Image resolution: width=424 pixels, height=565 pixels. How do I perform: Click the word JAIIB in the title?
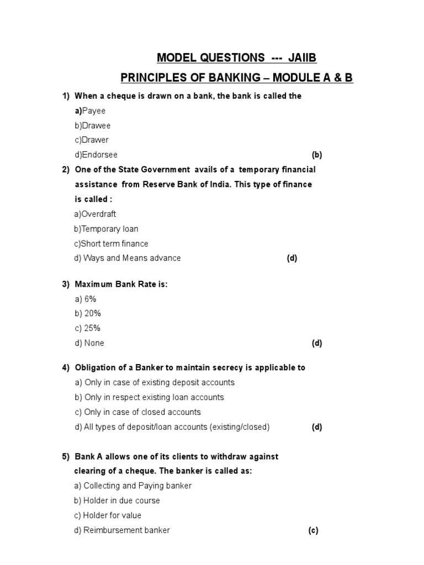pyautogui.click(x=301, y=58)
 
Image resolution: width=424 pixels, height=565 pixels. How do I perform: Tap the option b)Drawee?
pyautogui.click(x=93, y=126)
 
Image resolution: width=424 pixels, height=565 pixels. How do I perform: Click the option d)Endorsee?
pyautogui.click(x=96, y=155)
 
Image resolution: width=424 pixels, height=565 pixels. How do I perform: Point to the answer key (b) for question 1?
pyautogui.click(x=316, y=155)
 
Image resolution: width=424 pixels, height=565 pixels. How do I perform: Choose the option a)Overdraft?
pyautogui.click(x=95, y=214)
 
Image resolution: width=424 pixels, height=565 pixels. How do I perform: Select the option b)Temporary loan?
pyautogui.click(x=106, y=229)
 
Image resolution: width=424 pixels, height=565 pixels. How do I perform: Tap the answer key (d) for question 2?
pyautogui.click(x=291, y=258)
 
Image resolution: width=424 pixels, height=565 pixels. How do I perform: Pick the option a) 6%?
pyautogui.click(x=86, y=299)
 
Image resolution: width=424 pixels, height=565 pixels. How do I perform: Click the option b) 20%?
pyautogui.click(x=88, y=313)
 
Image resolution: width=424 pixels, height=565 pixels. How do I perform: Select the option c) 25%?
pyautogui.click(x=87, y=328)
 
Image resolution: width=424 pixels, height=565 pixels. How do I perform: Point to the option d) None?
pyautogui.click(x=89, y=343)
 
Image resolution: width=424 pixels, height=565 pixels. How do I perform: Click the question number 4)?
pyautogui.click(x=66, y=367)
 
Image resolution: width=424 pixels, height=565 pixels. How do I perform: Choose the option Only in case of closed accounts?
pyautogui.click(x=137, y=412)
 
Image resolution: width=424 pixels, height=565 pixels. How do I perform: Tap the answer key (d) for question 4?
pyautogui.click(x=316, y=427)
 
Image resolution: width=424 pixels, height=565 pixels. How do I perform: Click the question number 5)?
pyautogui.click(x=66, y=457)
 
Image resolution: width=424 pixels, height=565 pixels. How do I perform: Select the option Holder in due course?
pyautogui.click(x=117, y=501)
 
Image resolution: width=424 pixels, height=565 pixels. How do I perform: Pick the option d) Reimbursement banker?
pyautogui.click(x=122, y=530)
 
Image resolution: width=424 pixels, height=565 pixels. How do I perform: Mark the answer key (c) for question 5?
pyautogui.click(x=313, y=531)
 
